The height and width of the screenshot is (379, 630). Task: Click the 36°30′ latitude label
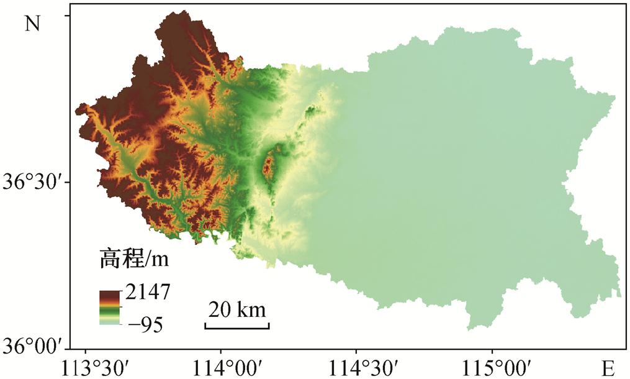(32, 183)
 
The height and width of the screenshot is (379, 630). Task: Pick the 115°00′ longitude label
(492, 365)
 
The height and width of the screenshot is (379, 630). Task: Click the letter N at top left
(32, 23)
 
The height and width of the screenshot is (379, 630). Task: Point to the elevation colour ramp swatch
(110, 308)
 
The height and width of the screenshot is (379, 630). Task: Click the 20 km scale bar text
(236, 309)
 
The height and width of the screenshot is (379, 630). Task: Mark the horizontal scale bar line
(236, 325)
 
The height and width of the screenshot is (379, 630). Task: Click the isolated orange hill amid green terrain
(269, 165)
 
